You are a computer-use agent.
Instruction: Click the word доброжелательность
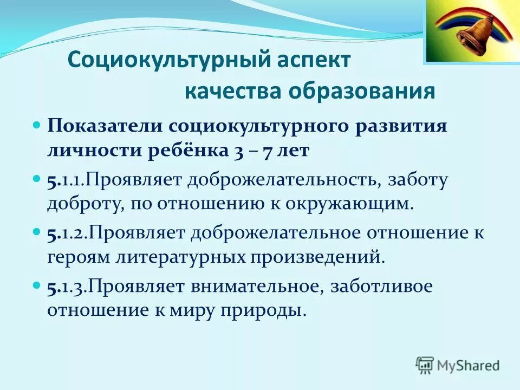pos(284,180)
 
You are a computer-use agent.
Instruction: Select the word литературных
pos(181,257)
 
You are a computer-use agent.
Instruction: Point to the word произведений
pos(316,257)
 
